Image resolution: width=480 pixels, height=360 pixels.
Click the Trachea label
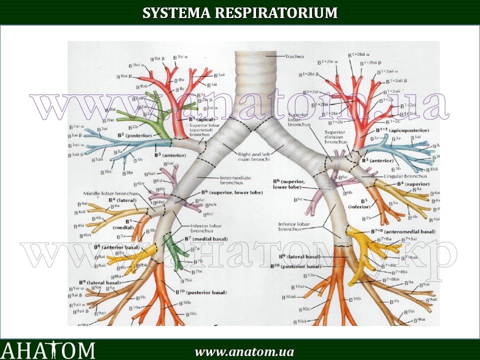tap(295, 56)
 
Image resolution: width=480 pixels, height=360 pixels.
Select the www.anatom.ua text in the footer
tap(244, 351)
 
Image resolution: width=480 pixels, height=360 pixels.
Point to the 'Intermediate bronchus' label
tap(235, 180)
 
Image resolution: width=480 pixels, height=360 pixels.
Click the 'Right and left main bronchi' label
tap(252, 157)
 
